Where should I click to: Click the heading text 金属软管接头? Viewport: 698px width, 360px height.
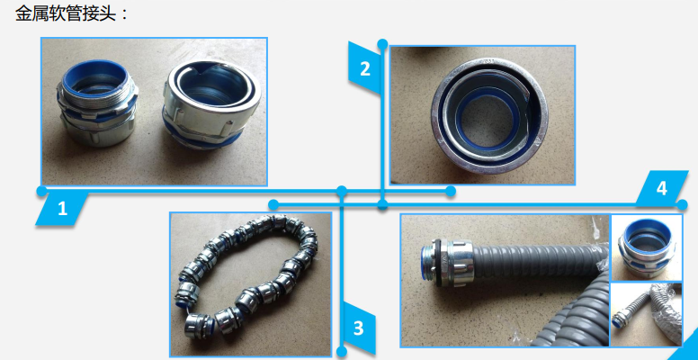pos(66,13)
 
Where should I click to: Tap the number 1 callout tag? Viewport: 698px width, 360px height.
pos(62,209)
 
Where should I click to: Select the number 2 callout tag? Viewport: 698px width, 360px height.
pos(364,68)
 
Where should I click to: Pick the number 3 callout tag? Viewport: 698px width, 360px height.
pos(359,328)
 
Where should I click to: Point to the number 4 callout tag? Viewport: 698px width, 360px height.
pos(661,188)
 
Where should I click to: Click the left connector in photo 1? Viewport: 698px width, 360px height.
pos(97,103)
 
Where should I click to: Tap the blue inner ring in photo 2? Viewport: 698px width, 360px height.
pos(488,118)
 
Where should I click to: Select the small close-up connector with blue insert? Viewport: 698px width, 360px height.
pos(647,249)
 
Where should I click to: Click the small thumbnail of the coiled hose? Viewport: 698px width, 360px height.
pos(646,314)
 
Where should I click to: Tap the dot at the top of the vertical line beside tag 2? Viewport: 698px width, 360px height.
pos(382,44)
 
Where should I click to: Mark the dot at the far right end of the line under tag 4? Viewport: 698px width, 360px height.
pos(683,205)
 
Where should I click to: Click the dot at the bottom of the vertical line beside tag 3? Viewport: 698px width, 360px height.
pos(342,352)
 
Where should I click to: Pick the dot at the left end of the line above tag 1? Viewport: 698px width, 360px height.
pos(41,191)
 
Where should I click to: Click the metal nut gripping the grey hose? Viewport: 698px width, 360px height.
pos(461,265)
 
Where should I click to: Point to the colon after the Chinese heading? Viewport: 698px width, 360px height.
pos(124,14)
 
